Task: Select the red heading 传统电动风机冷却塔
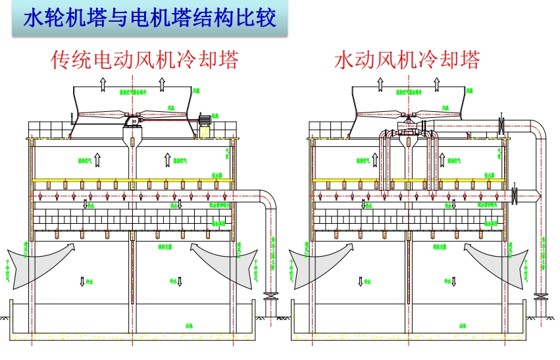tap(144, 60)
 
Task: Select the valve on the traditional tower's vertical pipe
tap(270, 297)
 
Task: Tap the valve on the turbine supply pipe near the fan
tap(502, 124)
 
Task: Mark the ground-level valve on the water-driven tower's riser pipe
tap(542, 297)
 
